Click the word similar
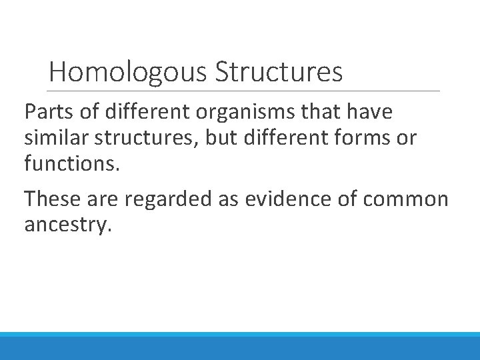click(57, 139)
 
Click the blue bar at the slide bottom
click(240, 346)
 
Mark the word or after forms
click(407, 139)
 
